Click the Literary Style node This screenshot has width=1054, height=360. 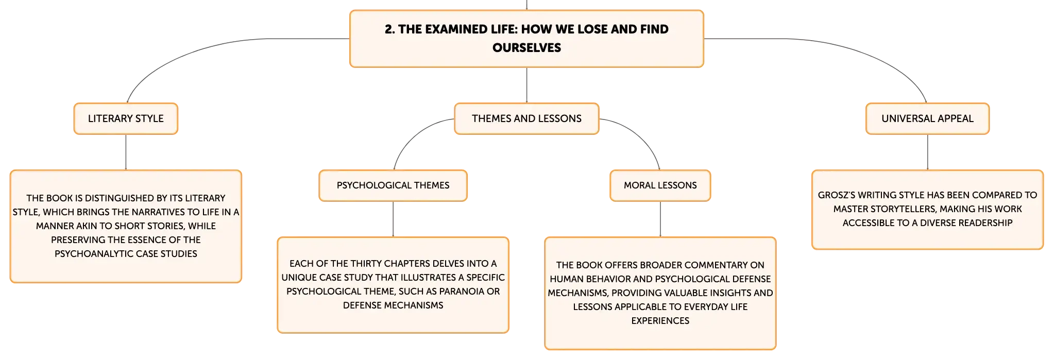126,118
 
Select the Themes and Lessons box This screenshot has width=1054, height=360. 526,118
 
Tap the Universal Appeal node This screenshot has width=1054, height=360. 927,118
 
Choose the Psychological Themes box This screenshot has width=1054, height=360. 393,185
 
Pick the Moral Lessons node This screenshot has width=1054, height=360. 660,185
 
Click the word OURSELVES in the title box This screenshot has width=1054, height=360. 526,48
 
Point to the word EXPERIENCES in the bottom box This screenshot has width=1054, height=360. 660,321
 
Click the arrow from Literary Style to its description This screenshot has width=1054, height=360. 126,152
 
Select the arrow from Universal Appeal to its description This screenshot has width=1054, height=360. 927,152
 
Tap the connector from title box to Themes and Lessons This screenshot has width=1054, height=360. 526,85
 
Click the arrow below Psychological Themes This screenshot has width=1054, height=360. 393,219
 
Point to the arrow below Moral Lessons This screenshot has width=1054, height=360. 660,219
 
